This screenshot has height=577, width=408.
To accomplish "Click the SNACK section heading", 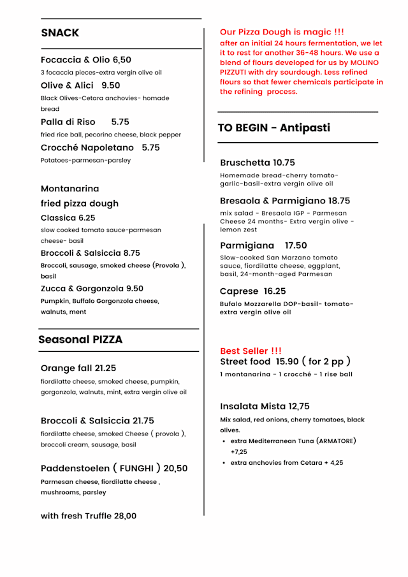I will click(60, 33).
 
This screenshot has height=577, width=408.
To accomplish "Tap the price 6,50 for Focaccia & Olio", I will click(122, 60).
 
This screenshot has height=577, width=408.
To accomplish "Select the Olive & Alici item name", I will click(67, 85).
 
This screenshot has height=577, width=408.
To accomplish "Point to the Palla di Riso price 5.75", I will click(120, 122).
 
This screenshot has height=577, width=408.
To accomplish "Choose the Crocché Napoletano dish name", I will click(87, 147).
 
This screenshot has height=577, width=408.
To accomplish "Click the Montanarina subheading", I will click(69, 189).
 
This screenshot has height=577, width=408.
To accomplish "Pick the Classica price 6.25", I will click(83, 217).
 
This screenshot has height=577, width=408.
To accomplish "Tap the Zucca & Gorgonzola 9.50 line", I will click(92, 288).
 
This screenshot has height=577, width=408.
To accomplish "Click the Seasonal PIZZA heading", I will click(80, 340).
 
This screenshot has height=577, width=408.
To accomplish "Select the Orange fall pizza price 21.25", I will click(105, 369).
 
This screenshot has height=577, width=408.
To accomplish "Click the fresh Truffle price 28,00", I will click(125, 516).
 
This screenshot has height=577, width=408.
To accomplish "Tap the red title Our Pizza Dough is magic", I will click(282, 32).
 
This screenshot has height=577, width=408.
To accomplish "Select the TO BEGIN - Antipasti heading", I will click(274, 128).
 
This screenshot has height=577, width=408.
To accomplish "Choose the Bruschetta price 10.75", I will click(284, 163).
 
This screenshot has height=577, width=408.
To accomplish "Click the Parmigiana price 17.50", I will click(296, 245).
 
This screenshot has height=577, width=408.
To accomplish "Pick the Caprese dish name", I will click(238, 291).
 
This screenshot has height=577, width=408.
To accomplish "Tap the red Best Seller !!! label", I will click(251, 351).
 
